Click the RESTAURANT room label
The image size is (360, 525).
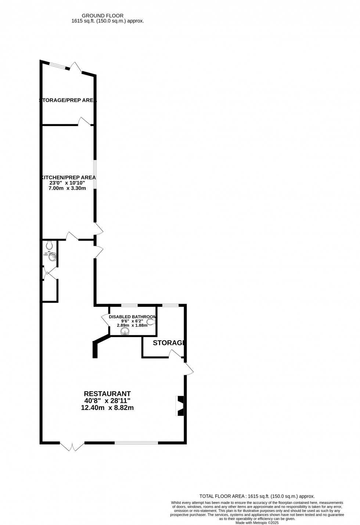[107, 394]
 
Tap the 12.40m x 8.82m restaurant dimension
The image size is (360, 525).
[107, 408]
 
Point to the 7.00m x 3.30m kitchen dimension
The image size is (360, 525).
[67, 188]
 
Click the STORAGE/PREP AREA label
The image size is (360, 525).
[68, 100]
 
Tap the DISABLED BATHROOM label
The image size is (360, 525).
[133, 317]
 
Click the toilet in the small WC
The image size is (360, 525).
[50, 244]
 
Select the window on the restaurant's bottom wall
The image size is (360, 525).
[136, 443]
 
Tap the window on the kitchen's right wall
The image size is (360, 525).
[95, 174]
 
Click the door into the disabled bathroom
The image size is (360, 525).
[105, 319]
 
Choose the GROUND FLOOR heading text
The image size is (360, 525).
[102, 15]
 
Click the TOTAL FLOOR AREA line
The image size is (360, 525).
[257, 496]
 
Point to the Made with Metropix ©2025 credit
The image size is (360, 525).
[257, 523]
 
